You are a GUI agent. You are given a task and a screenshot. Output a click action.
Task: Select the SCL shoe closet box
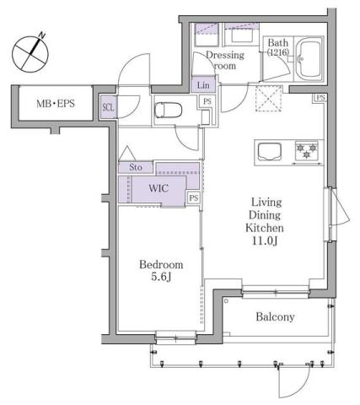109,107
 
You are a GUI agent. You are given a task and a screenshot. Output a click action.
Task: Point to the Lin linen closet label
203,85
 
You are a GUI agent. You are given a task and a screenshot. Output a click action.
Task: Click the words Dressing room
224,61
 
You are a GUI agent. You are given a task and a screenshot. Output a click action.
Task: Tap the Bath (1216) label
277,48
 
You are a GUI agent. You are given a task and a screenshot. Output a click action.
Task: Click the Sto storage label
136,168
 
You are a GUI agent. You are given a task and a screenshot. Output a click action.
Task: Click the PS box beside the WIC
194,198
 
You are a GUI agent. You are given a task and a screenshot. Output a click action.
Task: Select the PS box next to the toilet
206,103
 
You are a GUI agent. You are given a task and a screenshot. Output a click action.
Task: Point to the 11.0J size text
264,240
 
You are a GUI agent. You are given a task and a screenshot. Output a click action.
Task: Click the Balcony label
275,317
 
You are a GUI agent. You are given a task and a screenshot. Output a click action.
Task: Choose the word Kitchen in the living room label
264,228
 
